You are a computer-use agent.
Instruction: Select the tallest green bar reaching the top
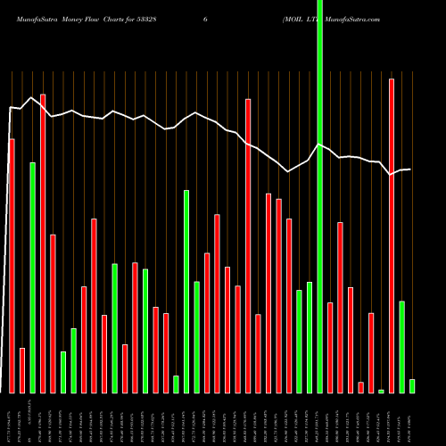(320, 196)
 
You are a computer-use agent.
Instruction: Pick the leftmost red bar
(12, 266)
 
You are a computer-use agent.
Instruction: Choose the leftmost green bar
(32, 277)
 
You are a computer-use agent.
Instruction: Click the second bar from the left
(22, 370)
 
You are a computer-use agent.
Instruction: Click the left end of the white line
(10, 108)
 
